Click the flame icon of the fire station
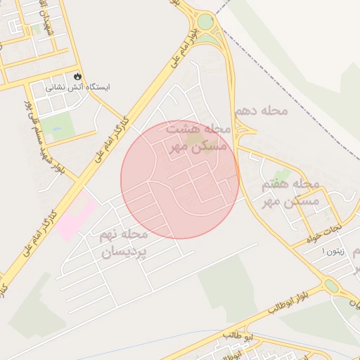[77, 76]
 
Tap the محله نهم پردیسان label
[124, 243]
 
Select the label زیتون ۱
[333, 251]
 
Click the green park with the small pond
[60, 125]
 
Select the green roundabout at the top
[205, 22]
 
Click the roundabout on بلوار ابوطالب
[330, 286]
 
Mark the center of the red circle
[180, 180]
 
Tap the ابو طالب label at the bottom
[237, 335]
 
